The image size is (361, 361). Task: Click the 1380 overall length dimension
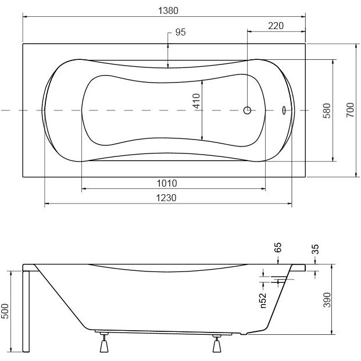(x=169, y=10)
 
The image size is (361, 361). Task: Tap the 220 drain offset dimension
(x=276, y=26)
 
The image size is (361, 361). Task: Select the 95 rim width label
(x=180, y=32)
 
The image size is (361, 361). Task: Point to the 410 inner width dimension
(x=196, y=101)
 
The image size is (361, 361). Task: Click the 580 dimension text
(x=327, y=110)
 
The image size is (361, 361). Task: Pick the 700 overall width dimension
(x=350, y=110)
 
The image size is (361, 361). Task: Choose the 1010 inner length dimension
(x=167, y=184)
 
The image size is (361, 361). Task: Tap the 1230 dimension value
(x=166, y=198)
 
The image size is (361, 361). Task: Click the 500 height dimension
(x=5, y=311)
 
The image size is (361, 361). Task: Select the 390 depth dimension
(x=327, y=299)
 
